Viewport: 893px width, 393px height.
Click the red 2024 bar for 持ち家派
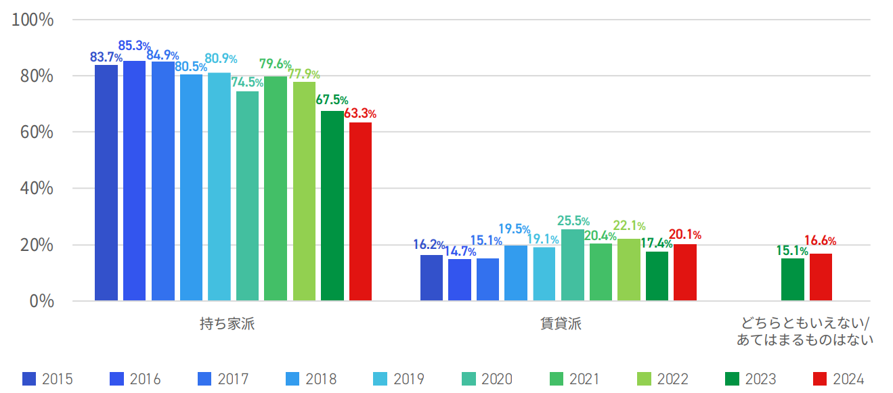click(360, 211)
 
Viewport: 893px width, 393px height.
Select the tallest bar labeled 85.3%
click(134, 181)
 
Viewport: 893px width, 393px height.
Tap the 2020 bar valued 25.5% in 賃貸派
click(572, 264)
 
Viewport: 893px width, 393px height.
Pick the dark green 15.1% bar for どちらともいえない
click(792, 279)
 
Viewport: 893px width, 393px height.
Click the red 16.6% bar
click(821, 277)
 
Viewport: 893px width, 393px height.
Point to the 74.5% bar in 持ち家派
click(247, 195)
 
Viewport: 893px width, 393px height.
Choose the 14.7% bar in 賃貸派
click(459, 280)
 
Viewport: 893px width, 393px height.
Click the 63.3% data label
click(360, 114)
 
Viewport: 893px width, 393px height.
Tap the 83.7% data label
click(106, 57)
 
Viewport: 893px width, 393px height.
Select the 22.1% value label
click(630, 226)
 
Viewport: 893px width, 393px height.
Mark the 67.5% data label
click(332, 100)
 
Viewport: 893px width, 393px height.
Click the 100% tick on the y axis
click(32, 20)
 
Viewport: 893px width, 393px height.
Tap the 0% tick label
click(41, 301)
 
